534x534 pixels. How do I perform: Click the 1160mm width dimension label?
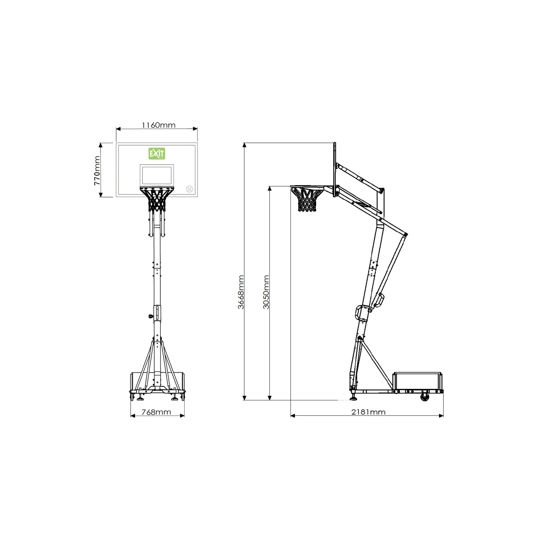159,125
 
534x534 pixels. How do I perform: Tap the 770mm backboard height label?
97,170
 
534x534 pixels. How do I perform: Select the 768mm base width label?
156,412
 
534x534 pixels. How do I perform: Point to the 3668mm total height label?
241,292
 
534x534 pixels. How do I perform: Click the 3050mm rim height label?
266,292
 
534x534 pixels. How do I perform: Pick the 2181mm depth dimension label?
368,412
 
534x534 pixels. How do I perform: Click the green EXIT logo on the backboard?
157,154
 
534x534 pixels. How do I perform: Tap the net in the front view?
157,200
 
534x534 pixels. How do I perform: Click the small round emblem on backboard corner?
189,189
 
